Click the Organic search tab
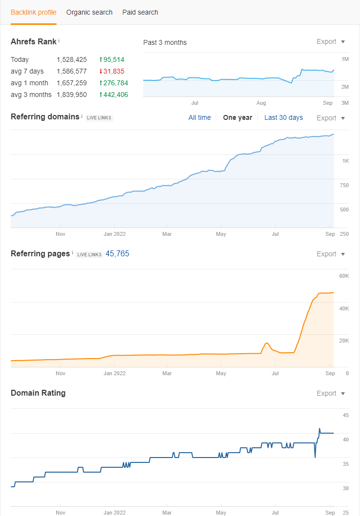tap(89, 13)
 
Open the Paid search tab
tap(140, 13)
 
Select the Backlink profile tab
tap(34, 13)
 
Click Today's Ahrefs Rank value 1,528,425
tap(72, 59)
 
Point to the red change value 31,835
tap(112, 72)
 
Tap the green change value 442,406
tap(114, 95)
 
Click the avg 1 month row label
tap(29, 83)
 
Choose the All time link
tap(200, 117)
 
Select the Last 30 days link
tap(284, 117)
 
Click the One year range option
tap(238, 117)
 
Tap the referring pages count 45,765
tap(117, 254)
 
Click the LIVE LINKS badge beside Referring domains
tap(99, 118)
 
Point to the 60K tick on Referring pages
tap(344, 276)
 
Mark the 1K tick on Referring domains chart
tap(345, 161)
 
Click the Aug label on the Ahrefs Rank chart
tap(261, 103)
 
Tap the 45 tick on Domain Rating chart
tap(345, 415)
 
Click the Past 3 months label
tap(165, 42)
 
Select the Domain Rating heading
tap(38, 393)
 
